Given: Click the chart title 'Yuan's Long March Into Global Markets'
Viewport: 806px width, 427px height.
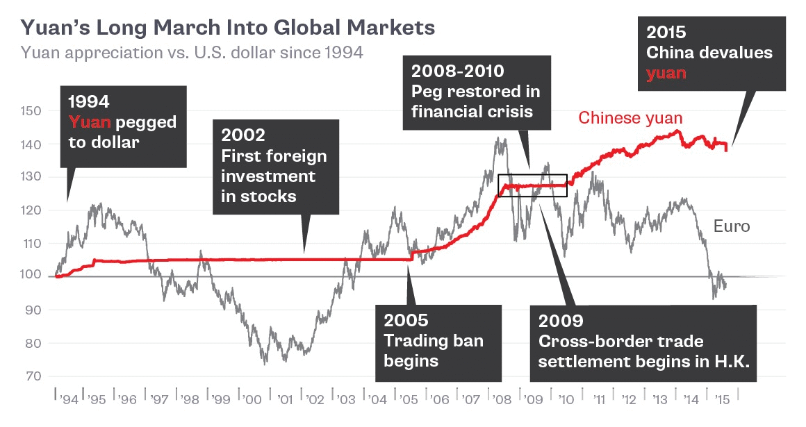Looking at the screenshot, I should [x=228, y=28].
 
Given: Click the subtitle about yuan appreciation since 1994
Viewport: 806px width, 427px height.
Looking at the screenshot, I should [x=192, y=53].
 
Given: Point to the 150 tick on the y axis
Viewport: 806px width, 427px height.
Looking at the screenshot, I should [x=33, y=111].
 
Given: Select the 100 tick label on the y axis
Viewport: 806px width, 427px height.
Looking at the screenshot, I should [x=33, y=276].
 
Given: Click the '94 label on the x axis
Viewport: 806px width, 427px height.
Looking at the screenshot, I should [x=68, y=401].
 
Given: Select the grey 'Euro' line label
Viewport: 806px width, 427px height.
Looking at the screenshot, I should [x=732, y=226].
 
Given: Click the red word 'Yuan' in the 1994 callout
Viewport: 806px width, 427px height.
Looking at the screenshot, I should [x=89, y=123].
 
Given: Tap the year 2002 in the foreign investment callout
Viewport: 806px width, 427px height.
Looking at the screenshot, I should [x=243, y=135].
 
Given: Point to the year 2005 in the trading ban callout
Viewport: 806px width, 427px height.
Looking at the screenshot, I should [x=406, y=321].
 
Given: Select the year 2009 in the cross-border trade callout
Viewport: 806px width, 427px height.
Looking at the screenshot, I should [x=561, y=321].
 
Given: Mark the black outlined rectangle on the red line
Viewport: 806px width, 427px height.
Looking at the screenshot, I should [x=532, y=185].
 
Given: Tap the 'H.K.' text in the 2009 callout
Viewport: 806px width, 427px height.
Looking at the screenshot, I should [x=732, y=361].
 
